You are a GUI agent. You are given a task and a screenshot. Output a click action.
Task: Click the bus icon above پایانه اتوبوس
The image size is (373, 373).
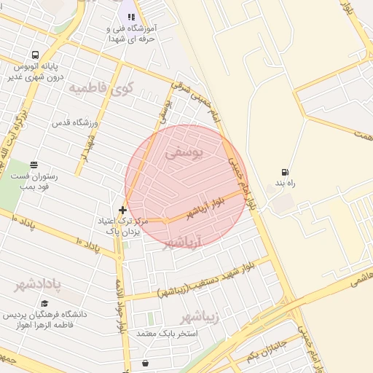coord(35,55)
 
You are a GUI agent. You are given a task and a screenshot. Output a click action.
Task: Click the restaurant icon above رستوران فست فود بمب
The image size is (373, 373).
coord(33,165)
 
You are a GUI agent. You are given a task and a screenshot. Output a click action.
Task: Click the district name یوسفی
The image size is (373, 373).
coord(181,154)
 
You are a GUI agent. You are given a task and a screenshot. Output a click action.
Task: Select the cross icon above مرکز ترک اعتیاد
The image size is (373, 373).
coord(122,210)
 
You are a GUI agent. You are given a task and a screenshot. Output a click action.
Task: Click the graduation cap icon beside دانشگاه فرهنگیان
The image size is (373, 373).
coord(44,303)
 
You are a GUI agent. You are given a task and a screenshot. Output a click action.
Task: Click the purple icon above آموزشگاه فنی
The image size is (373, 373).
coord(131,15)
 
